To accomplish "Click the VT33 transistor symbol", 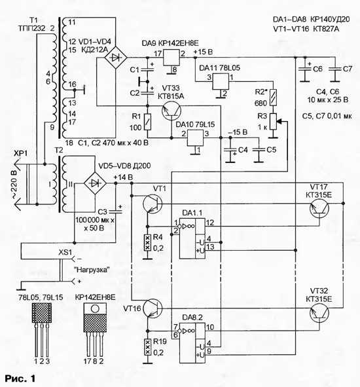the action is pyautogui.click(x=171, y=111).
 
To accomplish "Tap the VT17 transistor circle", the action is pyautogui.click(x=319, y=208).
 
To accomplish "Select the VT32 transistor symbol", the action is pyautogui.click(x=319, y=313).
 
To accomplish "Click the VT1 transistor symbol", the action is pyautogui.click(x=153, y=204).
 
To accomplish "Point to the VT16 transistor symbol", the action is pyautogui.click(x=153, y=308).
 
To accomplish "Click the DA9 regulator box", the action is pyautogui.click(x=171, y=58).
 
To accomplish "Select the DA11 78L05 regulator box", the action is pyautogui.click(x=221, y=81).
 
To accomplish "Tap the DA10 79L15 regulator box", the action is pyautogui.click(x=196, y=138).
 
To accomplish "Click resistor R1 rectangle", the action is pyautogui.click(x=147, y=122).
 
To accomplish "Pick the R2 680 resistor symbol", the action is pyautogui.click(x=273, y=98).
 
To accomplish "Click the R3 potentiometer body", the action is pyautogui.click(x=273, y=121).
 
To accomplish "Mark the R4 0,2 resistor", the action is pyautogui.click(x=147, y=243).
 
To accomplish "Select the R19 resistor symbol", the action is pyautogui.click(x=147, y=347).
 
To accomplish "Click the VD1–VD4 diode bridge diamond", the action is pyautogui.click(x=116, y=58).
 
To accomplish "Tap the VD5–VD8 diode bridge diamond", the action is pyautogui.click(x=95, y=183).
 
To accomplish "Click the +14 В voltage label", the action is pyautogui.click(x=123, y=177).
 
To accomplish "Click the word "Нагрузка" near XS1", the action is pyautogui.click(x=92, y=270).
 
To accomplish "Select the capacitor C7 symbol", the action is pyautogui.click(x=335, y=69).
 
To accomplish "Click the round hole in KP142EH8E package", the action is pyautogui.click(x=95, y=309).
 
